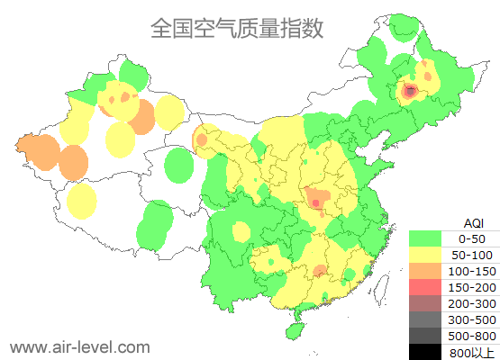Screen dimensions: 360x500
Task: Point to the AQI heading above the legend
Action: [x=473, y=222]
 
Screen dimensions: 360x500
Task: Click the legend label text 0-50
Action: [x=472, y=238]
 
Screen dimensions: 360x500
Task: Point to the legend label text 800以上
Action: [x=472, y=352]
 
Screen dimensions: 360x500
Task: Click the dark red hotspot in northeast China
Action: [x=410, y=91]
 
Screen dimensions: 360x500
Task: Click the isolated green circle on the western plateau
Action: [x=180, y=165]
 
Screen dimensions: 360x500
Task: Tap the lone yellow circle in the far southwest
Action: [x=82, y=201]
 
